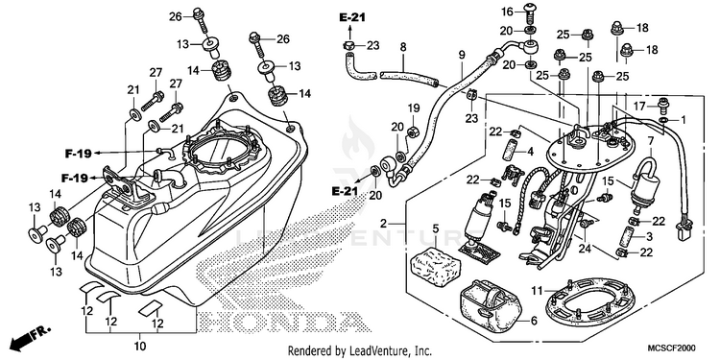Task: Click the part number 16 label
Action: [x=507, y=11]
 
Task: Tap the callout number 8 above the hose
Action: [x=403, y=47]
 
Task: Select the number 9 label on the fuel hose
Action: [x=462, y=55]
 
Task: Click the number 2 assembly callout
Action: [x=384, y=224]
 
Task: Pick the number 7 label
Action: [x=650, y=141]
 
